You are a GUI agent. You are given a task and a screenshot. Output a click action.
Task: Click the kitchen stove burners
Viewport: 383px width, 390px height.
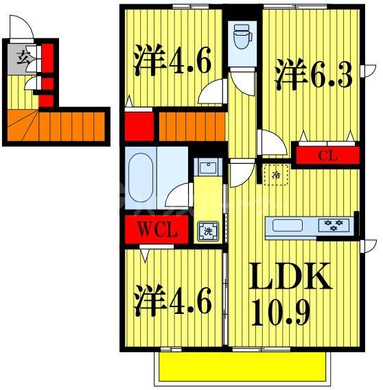click(x=335, y=224)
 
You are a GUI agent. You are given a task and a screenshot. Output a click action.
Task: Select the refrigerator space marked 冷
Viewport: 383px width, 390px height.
click(x=274, y=175)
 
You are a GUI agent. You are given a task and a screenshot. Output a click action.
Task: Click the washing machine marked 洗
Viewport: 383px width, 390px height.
click(x=206, y=231)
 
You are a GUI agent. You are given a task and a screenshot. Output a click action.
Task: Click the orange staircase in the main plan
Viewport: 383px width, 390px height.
click(x=192, y=125)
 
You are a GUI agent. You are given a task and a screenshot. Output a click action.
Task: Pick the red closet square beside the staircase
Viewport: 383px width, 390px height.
click(x=138, y=125)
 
